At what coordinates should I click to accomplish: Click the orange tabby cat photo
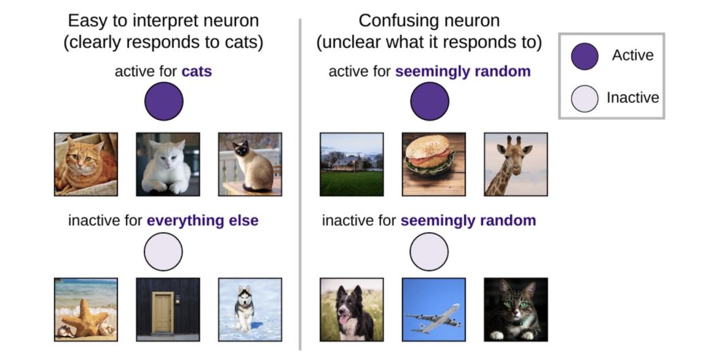pyautogui.click(x=86, y=165)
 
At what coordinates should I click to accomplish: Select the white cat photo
pyautogui.click(x=168, y=165)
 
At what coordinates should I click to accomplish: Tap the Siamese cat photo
pyautogui.click(x=250, y=165)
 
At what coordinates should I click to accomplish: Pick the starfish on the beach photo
pyautogui.click(x=86, y=310)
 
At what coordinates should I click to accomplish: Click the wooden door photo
pyautogui.click(x=168, y=310)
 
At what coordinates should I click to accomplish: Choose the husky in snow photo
pyautogui.click(x=250, y=310)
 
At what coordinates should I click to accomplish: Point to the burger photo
pyautogui.click(x=433, y=165)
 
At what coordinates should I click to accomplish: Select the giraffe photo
pyautogui.click(x=515, y=165)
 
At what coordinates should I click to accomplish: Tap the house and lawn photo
pyautogui.click(x=351, y=165)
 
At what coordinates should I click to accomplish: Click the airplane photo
pyautogui.click(x=433, y=310)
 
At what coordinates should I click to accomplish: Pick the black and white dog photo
pyautogui.click(x=351, y=310)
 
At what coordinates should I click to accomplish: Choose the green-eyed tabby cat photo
pyautogui.click(x=515, y=310)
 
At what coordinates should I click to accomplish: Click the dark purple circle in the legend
pyautogui.click(x=584, y=56)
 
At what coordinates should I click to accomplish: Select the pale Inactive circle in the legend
pyautogui.click(x=584, y=98)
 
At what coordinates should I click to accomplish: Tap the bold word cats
pyautogui.click(x=197, y=71)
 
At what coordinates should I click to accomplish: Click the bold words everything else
pyautogui.click(x=203, y=220)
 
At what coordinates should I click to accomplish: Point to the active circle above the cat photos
pyautogui.click(x=163, y=102)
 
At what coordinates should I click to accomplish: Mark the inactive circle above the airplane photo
pyautogui.click(x=429, y=252)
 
